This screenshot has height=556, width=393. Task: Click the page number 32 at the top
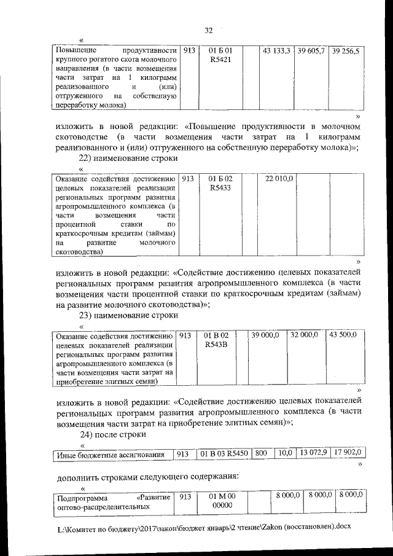[x=208, y=30]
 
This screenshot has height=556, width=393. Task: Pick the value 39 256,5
[x=345, y=52]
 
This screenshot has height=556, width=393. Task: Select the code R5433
[x=220, y=188]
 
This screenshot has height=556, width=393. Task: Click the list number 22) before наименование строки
[x=81, y=158]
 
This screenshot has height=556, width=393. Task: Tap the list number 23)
[x=81, y=316]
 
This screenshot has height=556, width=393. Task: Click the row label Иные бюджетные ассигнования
[x=111, y=455]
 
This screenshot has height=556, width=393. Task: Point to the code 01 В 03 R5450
[x=224, y=454]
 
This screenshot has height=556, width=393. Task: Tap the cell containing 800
[x=260, y=454]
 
